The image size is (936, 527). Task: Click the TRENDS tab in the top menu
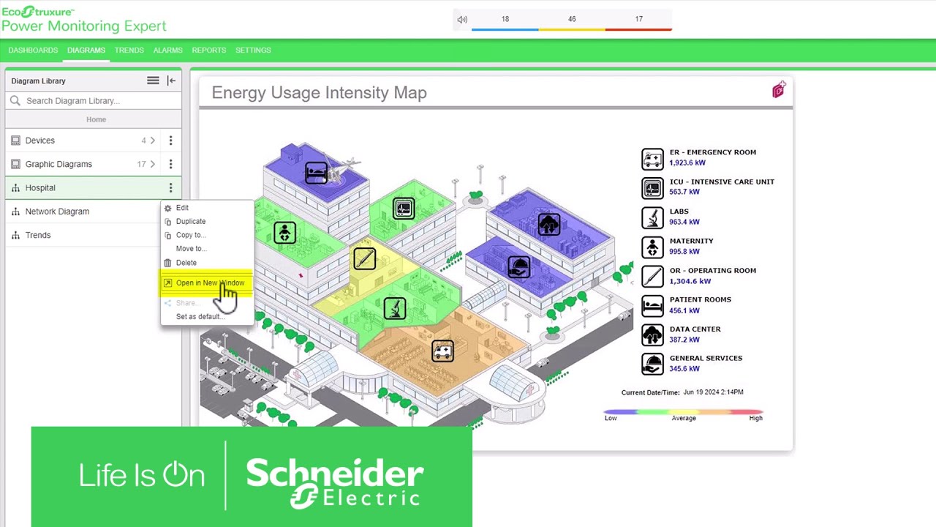click(129, 50)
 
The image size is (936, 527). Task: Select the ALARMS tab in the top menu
click(167, 50)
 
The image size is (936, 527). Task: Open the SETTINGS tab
click(253, 50)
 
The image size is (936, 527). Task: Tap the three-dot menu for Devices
click(170, 141)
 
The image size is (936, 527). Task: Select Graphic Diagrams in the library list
click(58, 164)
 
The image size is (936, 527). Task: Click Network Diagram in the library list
click(57, 212)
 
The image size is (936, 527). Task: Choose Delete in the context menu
click(186, 263)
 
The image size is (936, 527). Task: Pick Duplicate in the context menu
click(190, 221)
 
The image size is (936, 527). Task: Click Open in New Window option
click(210, 283)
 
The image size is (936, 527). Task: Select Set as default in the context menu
click(199, 317)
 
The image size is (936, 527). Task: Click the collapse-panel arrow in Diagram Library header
click(171, 81)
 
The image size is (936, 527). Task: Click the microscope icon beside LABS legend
click(652, 217)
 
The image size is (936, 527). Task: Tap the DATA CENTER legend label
click(695, 329)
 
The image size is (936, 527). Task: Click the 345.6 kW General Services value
click(684, 369)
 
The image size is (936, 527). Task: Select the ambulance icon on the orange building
click(442, 351)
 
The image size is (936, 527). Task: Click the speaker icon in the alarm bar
click(462, 20)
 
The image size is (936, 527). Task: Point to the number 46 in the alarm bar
click(572, 19)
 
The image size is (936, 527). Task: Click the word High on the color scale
click(755, 418)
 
